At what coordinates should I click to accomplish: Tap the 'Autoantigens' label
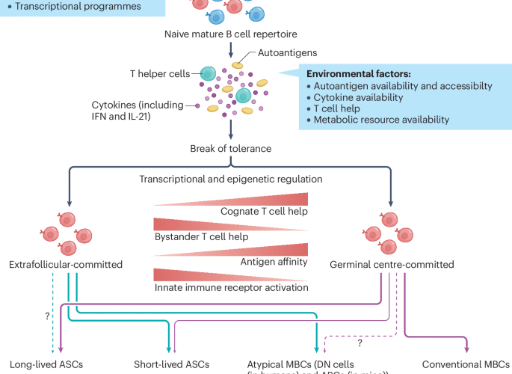(x=282, y=54)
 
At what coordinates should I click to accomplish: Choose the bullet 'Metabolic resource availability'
(x=381, y=120)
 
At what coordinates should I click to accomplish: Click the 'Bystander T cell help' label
(x=200, y=236)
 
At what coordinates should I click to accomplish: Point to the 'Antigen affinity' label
(x=274, y=261)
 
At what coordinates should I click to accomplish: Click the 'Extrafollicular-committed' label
(x=66, y=265)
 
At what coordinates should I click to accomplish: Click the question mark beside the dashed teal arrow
(x=48, y=316)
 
